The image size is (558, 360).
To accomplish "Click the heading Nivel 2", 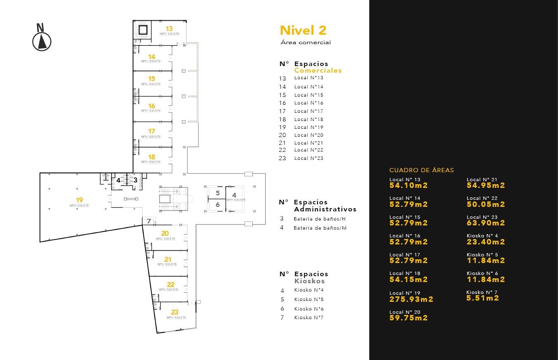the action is coord(303,30).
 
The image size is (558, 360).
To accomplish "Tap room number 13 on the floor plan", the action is coord(169,29).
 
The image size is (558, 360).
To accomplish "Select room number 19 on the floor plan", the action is coord(79,200).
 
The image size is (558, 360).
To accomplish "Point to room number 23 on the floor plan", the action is coord(175,313).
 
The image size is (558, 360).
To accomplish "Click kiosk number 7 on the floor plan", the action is coord(149,221).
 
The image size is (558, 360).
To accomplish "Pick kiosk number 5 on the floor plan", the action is coord(218,193).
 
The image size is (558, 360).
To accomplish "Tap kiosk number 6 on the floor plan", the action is coord(218,205).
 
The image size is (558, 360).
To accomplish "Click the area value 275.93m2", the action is coord(411,299).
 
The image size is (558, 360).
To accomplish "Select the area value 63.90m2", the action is coord(486,223).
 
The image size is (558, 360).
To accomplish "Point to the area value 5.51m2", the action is coord(482,298).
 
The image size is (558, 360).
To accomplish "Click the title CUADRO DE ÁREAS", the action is coord(421,170).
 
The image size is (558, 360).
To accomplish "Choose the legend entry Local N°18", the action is coord(309,119).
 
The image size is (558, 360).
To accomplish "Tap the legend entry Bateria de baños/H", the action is coord(319,219).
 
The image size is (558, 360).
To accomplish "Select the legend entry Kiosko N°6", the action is coord(309,309).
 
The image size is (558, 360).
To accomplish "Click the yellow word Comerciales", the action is coord(318,71).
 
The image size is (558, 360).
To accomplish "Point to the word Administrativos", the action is coord(325,209).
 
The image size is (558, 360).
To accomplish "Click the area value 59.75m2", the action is coord(408,318).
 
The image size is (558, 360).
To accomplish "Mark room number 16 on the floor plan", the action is coord(152,106).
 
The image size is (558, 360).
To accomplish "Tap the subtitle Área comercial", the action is coord(305,43).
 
